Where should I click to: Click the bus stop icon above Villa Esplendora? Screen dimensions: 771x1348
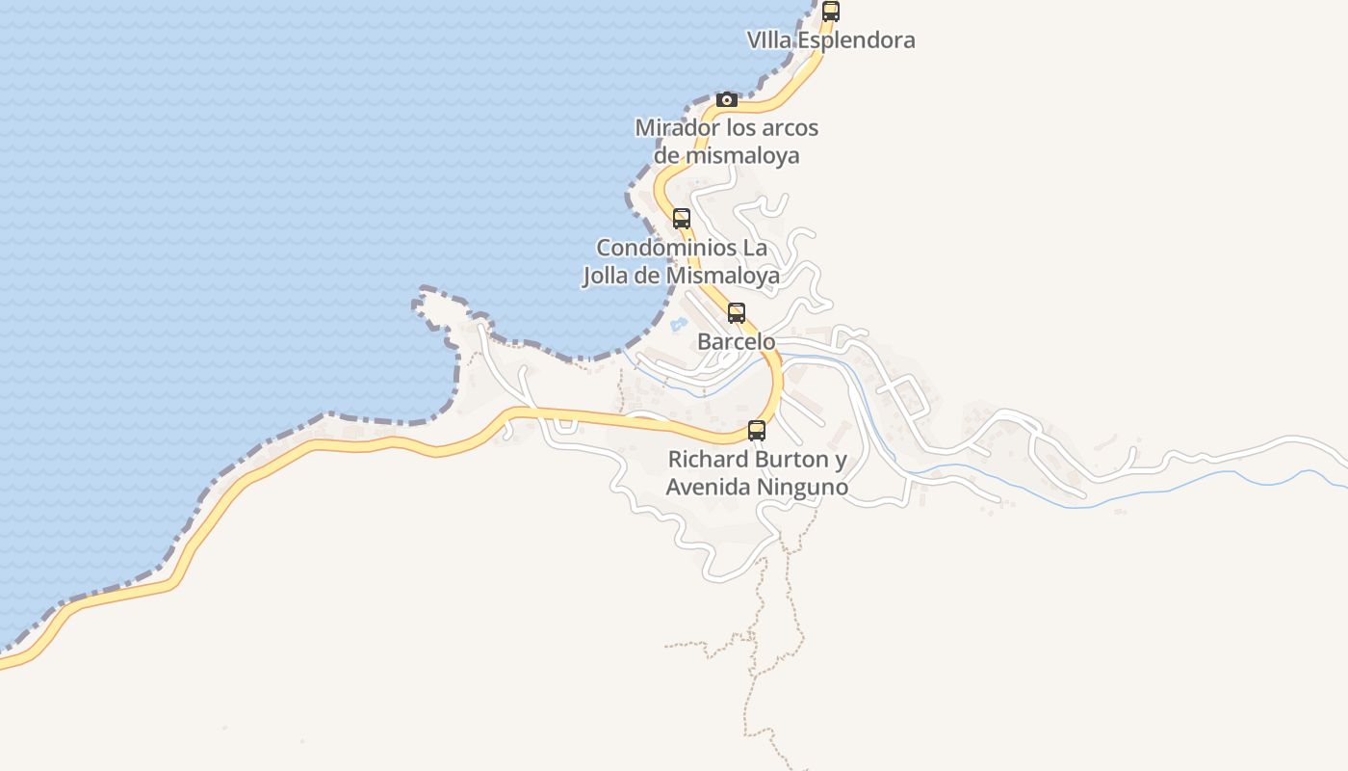[x=830, y=12]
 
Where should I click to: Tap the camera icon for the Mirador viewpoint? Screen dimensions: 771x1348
[x=727, y=100]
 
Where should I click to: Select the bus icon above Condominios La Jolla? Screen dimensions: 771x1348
[x=682, y=219]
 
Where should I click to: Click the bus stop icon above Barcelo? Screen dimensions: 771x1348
[x=737, y=313]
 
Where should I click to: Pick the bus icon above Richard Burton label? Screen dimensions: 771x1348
[x=757, y=431]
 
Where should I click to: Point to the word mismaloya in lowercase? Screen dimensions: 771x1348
[x=740, y=155]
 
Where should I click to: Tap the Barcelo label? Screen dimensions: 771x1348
[x=736, y=342]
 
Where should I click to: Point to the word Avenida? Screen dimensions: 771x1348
[x=708, y=487]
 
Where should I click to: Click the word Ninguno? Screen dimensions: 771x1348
[x=802, y=487]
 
